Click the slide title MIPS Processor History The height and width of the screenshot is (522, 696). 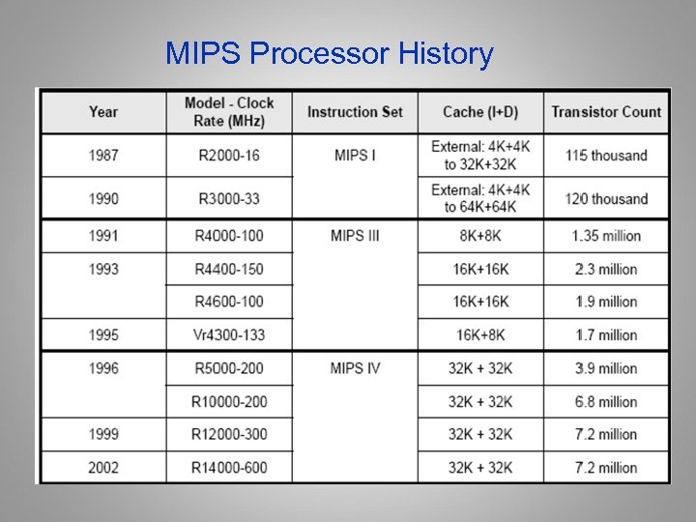tap(329, 53)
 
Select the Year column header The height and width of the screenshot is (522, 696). tap(102, 111)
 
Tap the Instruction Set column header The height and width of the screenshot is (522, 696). tap(355, 111)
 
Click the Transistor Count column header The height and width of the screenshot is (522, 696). tap(606, 111)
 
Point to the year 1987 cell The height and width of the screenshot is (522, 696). tap(102, 155)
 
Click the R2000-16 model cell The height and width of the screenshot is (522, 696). tap(228, 155)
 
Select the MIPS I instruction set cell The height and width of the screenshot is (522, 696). tap(355, 155)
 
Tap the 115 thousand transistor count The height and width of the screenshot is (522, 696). tap(606, 155)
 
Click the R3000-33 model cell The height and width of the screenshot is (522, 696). tap(228, 199)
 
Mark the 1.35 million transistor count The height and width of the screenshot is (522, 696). tap(606, 236)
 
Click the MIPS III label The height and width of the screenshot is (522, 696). tap(355, 236)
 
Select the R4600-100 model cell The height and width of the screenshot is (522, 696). tap(228, 302)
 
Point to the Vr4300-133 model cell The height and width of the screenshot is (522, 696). tap(228, 335)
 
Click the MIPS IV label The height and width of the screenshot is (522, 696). tap(355, 368)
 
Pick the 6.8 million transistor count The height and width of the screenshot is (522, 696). tap(606, 401)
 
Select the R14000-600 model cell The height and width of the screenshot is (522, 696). tap(228, 468)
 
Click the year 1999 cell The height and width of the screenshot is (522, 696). tap(102, 434)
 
